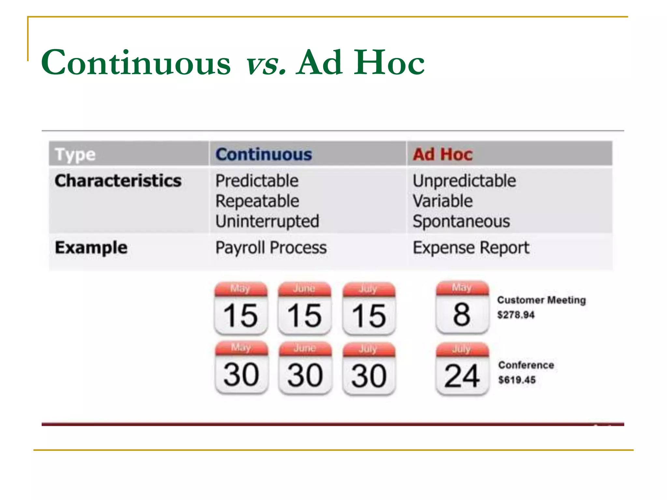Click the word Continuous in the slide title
point(136,62)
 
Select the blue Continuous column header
point(263,154)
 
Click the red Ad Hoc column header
point(443,154)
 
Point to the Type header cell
point(75,154)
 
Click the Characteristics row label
point(118,181)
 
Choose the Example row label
point(91,248)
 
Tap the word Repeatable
point(257,201)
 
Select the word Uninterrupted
point(267,221)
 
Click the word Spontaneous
point(461,221)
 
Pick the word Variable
point(443,201)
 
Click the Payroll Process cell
point(271,248)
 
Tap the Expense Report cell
point(471,248)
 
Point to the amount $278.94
point(516,315)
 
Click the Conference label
point(526,365)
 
